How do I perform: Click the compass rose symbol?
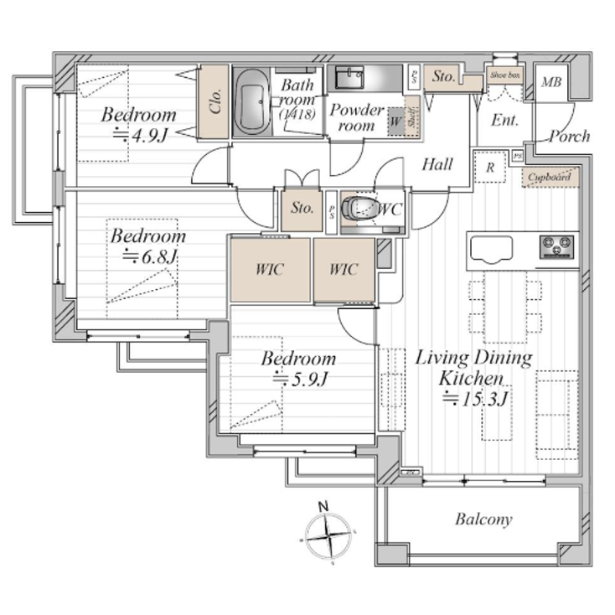coord(329,535)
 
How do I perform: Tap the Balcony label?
coord(483,519)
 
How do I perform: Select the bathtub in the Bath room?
coord(251,102)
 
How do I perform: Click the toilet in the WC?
coord(363,207)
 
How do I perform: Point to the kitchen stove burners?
coord(556,246)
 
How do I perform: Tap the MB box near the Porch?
coord(550,82)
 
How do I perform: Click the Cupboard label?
coord(550,177)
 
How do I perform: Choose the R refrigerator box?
coord(488,165)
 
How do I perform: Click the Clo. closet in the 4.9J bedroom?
coord(214,102)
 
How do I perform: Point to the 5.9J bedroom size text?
coord(300,380)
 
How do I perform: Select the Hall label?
coord(437,163)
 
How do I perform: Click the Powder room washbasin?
coord(348,78)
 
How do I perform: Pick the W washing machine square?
coord(394,121)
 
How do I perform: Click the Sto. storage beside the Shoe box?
coord(443,77)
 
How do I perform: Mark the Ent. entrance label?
coord(504,121)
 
